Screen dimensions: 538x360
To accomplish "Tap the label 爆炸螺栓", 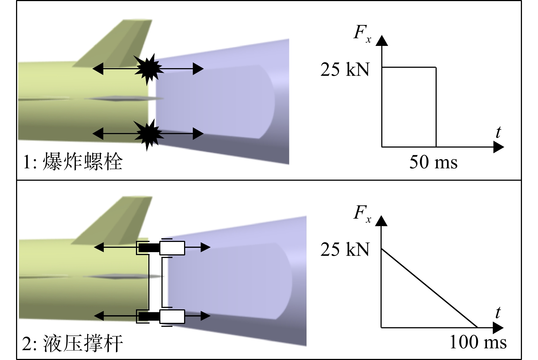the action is tap(83, 161).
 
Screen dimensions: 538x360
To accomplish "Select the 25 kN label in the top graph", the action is tap(345, 70).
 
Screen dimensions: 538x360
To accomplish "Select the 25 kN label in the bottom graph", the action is tap(345, 249).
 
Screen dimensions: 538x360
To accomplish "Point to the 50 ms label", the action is tap(433, 162).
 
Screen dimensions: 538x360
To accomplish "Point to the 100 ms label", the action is tap(478, 342).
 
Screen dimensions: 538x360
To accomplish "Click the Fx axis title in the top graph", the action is tap(362, 34).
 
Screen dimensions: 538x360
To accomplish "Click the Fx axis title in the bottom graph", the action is tap(362, 214).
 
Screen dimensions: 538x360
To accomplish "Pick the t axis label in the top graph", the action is tap(498, 132).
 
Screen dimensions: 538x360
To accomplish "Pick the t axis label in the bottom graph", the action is tap(498, 312).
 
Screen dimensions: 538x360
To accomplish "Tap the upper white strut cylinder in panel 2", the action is tap(172, 248).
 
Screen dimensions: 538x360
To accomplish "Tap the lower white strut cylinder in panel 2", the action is tap(172, 317).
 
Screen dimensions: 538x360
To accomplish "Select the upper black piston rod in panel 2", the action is tap(149, 248).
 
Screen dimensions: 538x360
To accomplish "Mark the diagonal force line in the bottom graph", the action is tap(429, 288).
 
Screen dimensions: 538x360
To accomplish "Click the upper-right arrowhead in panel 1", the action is tap(198, 69).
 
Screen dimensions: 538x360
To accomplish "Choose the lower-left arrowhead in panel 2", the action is tap(99, 316).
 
